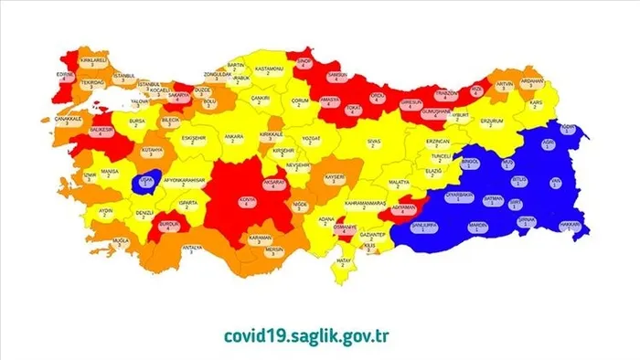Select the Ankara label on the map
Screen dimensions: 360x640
pos(234,138)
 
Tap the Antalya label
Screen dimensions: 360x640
pos(192,248)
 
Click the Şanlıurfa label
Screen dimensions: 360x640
pos(430,225)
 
